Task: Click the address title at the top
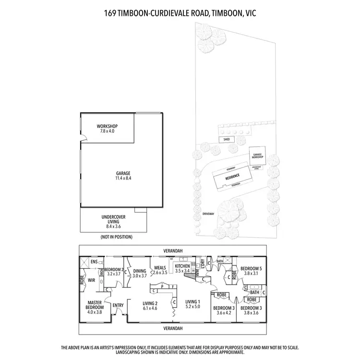point(180,13)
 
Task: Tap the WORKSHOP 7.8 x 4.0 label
point(107,129)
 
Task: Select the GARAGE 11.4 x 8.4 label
point(123,176)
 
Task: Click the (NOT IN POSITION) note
point(116,237)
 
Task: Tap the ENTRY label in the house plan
point(118,305)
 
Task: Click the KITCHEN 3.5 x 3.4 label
point(182,268)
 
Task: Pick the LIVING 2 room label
point(150,306)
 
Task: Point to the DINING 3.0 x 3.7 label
point(140,273)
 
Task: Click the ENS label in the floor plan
point(94,263)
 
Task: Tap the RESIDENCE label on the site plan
point(232,177)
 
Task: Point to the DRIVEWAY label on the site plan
point(208,213)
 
